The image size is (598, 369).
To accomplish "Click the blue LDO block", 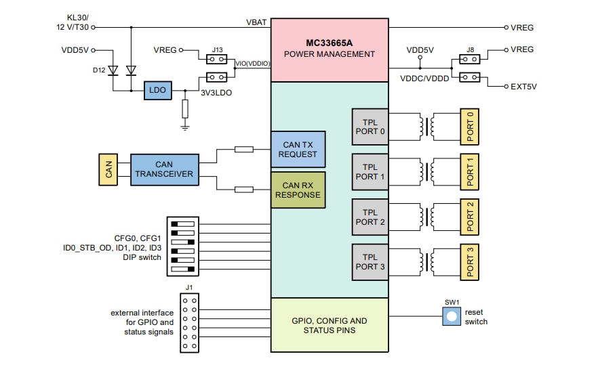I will coord(158,91).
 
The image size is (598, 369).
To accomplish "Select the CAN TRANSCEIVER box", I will coord(164,169).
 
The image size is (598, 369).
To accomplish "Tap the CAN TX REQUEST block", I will coord(298,149).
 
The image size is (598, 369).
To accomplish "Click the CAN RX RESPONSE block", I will coord(298,190).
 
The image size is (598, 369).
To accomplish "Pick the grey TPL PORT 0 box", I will coord(370,127).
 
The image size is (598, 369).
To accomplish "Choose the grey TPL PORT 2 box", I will coord(370,217).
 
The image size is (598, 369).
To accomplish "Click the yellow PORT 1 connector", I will coord(469,172).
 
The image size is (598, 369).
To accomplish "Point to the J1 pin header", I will coord(190,322).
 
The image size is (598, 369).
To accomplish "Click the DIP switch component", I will coord(183,246).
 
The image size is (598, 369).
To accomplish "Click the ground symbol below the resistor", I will coord(185,126).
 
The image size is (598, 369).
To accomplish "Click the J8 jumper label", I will coord(470,49).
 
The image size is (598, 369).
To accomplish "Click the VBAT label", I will coord(256,22).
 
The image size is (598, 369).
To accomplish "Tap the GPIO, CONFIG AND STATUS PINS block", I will coord(329,325).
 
